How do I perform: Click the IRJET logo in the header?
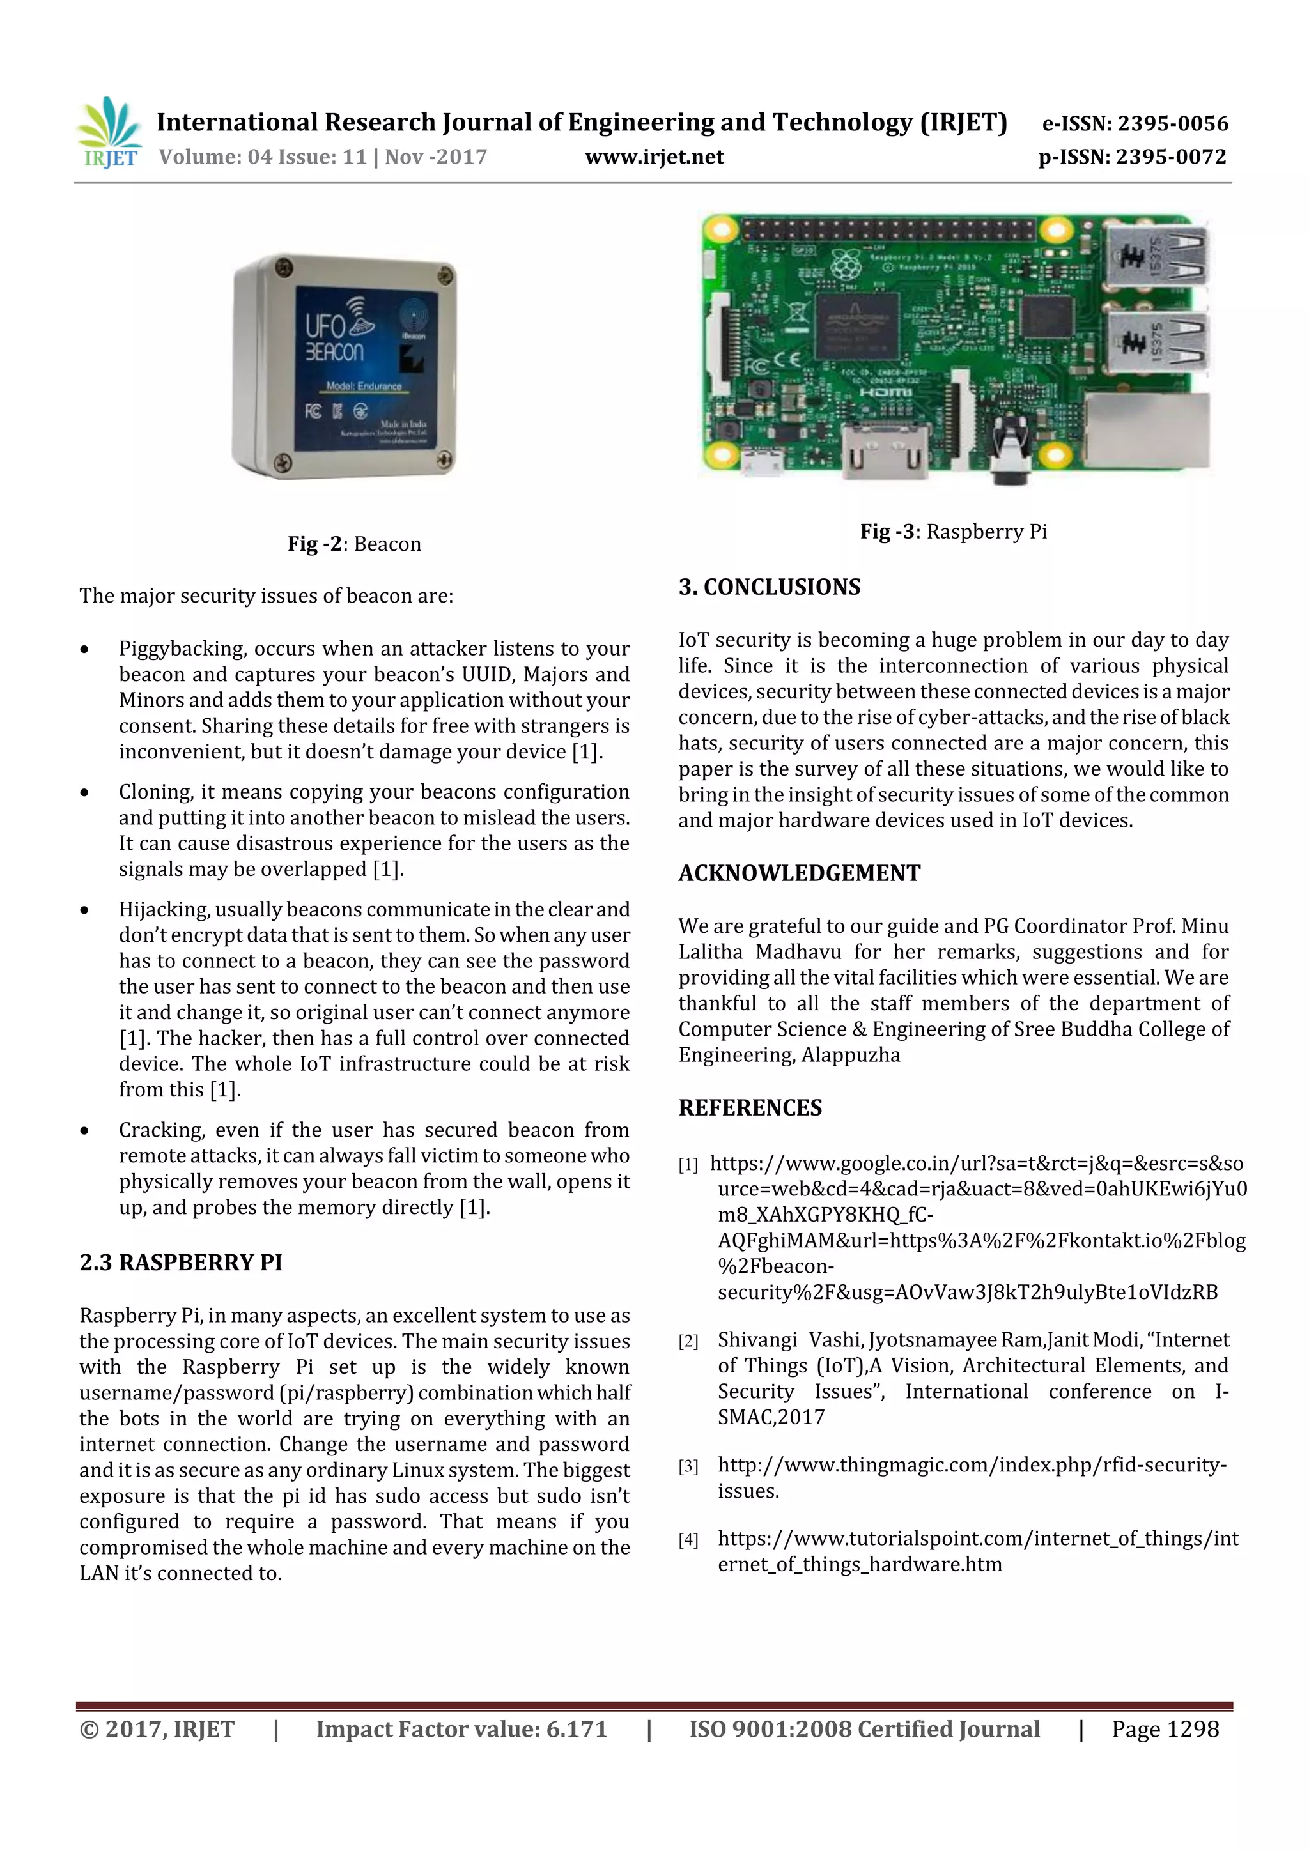coord(109,133)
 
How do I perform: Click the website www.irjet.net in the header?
coord(654,157)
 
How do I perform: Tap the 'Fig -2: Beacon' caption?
coord(354,544)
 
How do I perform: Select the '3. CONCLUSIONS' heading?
coord(770,587)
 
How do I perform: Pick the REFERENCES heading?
coord(750,1108)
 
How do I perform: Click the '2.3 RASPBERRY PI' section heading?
coord(181,1263)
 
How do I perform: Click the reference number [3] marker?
coord(688,1466)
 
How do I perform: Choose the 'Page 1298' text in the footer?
coord(1165,1729)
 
